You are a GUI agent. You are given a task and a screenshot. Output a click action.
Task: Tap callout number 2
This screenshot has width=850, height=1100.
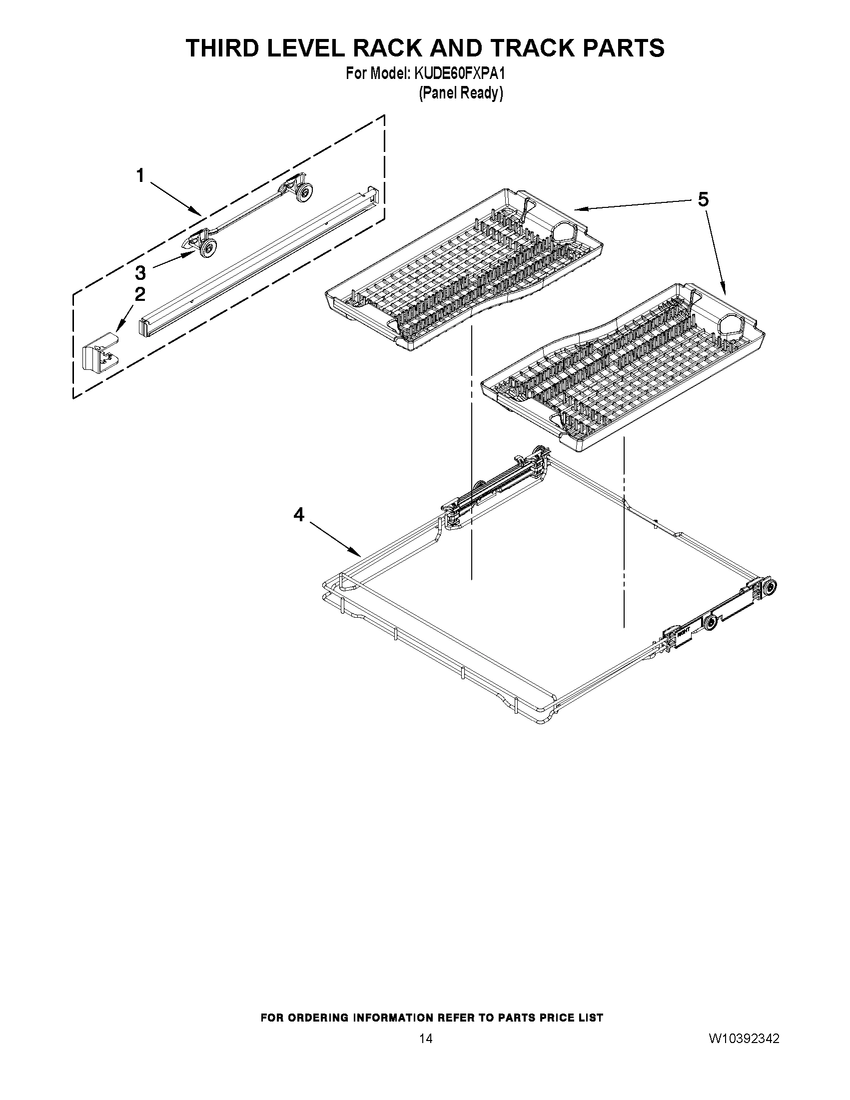point(140,294)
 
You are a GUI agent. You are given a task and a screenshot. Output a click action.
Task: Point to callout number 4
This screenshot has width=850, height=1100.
point(299,514)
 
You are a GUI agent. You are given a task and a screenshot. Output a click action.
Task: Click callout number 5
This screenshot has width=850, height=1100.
point(703,200)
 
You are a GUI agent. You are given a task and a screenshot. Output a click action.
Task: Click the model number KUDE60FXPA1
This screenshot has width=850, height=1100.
point(459,74)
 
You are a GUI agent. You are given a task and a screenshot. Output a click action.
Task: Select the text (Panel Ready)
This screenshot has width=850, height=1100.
point(461,93)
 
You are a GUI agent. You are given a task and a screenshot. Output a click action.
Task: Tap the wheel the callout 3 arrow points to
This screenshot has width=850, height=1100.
point(208,248)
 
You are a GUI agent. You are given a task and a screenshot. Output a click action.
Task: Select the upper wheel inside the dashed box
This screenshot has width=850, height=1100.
point(304,192)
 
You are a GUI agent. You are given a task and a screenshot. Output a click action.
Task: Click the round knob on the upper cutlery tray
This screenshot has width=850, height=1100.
point(565,233)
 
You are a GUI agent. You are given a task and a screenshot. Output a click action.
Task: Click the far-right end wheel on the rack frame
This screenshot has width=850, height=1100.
point(769,587)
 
